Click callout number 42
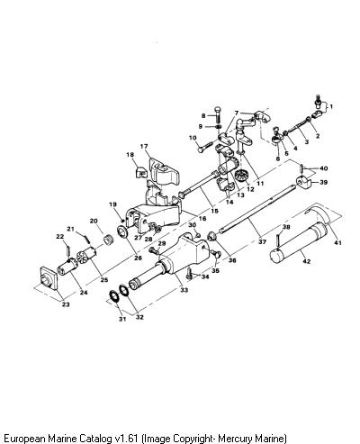(x=306, y=261)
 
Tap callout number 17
(x=144, y=146)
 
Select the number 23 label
(x=66, y=304)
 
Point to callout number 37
(x=262, y=241)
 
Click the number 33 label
(x=184, y=290)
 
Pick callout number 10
(x=193, y=138)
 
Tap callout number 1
(x=331, y=106)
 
